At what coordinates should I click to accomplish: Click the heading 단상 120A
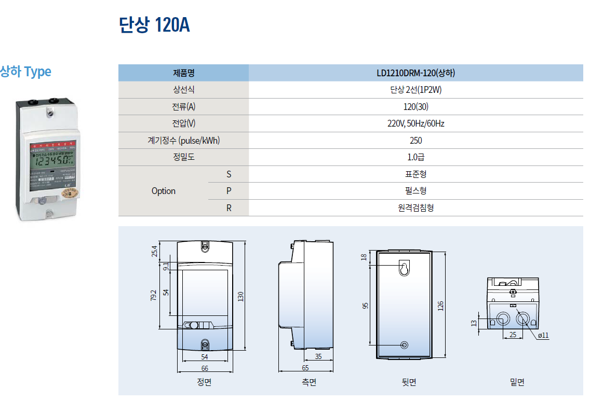pyautogui.click(x=154, y=25)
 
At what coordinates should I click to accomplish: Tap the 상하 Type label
pyautogui.click(x=25, y=72)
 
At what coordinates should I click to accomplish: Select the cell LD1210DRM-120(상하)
pyautogui.click(x=415, y=73)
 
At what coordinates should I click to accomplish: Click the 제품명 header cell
pyautogui.click(x=183, y=73)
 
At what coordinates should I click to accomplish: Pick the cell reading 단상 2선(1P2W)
pyautogui.click(x=415, y=90)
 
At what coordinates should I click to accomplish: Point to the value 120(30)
pyautogui.click(x=415, y=107)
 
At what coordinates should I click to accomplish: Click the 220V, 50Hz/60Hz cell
pyautogui.click(x=415, y=123)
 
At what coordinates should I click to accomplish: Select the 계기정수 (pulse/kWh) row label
pyautogui.click(x=183, y=141)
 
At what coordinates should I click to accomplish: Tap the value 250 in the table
pyautogui.click(x=415, y=141)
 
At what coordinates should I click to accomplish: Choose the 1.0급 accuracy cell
pyautogui.click(x=415, y=157)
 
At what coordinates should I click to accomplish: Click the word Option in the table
pyautogui.click(x=164, y=191)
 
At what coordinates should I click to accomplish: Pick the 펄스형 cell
pyautogui.click(x=415, y=191)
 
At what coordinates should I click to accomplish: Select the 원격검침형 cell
pyautogui.click(x=415, y=208)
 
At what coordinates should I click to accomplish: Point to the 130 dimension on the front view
pyautogui.click(x=240, y=297)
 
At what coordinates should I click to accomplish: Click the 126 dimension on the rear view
pyautogui.click(x=441, y=306)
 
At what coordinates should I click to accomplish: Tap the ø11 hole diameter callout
pyautogui.click(x=543, y=336)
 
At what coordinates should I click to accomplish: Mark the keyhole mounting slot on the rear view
pyautogui.click(x=405, y=268)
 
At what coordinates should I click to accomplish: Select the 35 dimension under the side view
pyautogui.click(x=318, y=356)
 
